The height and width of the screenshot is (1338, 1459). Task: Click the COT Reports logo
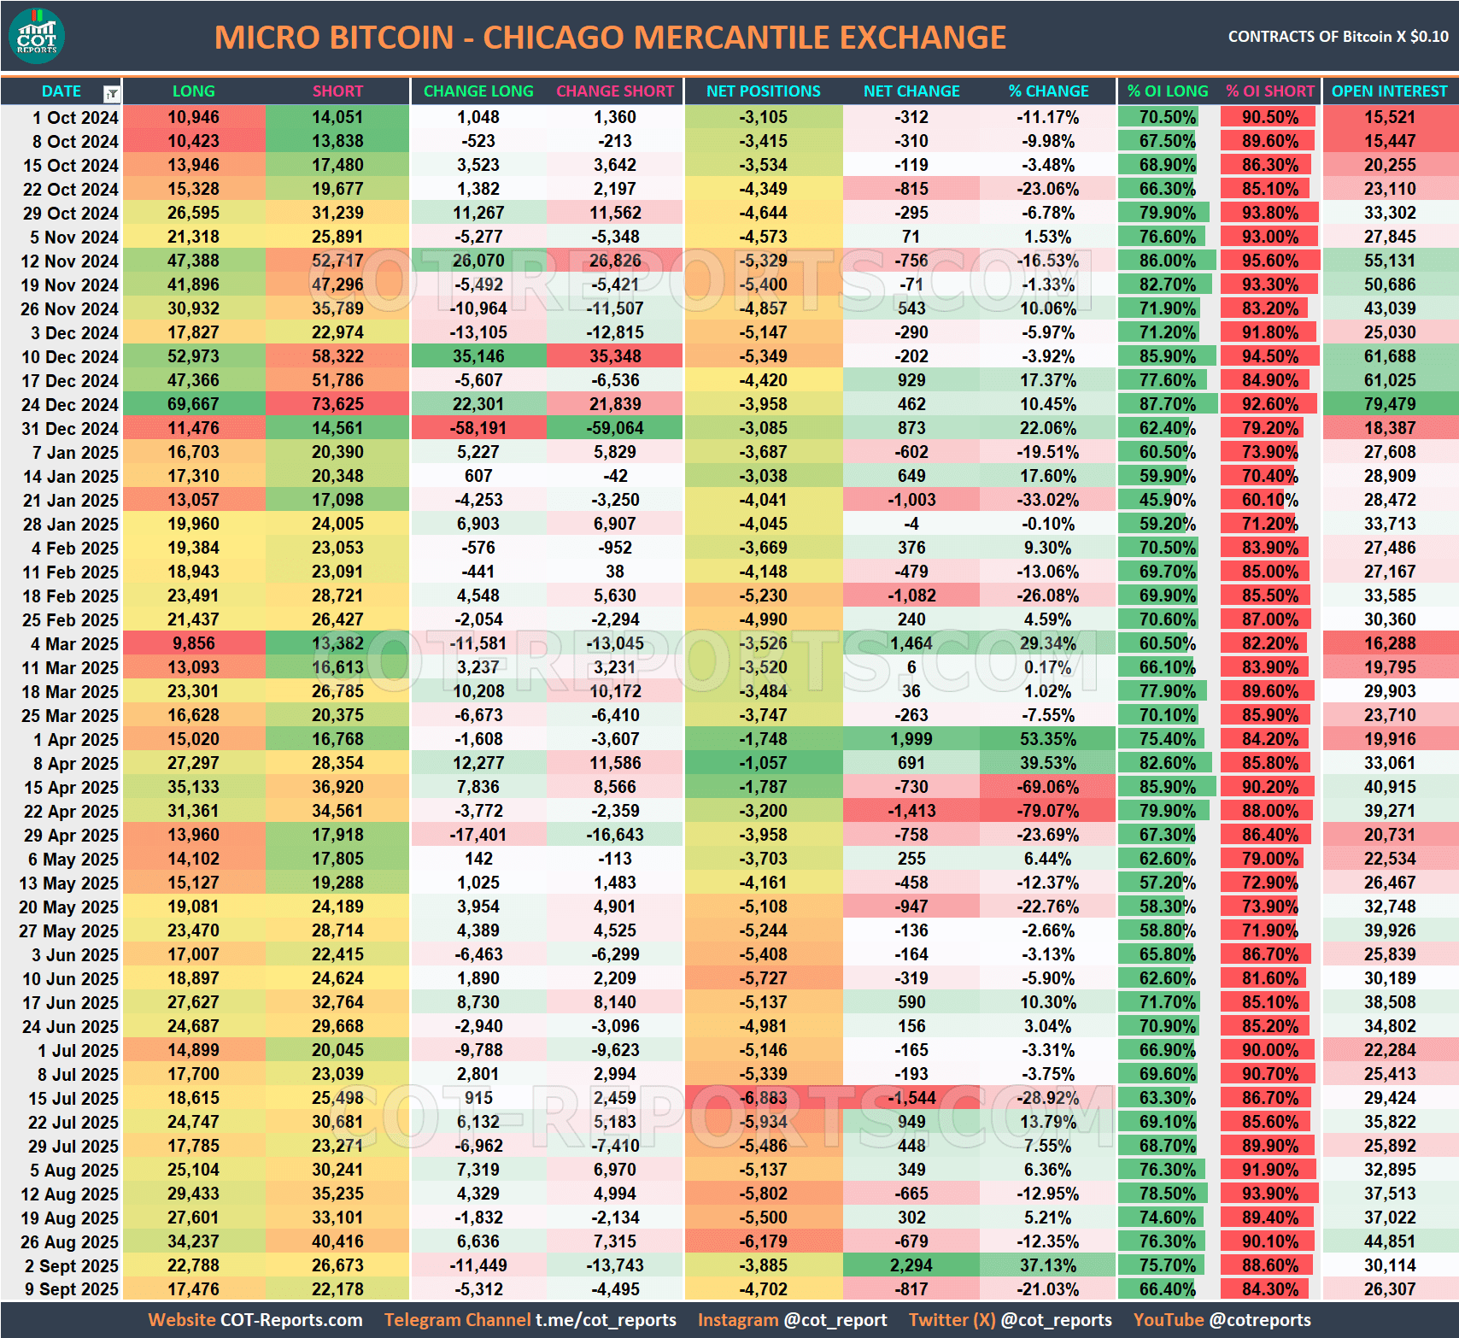pyautogui.click(x=37, y=37)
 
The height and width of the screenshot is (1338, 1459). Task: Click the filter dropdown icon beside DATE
pyautogui.click(x=111, y=93)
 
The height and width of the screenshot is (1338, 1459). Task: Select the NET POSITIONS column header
pyautogui.click(x=763, y=91)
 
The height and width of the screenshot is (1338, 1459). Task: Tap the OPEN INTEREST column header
pyautogui.click(x=1389, y=91)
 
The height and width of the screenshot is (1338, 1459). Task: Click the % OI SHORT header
pyautogui.click(x=1269, y=91)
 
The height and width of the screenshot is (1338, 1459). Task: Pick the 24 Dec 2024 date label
pyautogui.click(x=69, y=404)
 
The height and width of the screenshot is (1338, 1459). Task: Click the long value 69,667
pyautogui.click(x=193, y=404)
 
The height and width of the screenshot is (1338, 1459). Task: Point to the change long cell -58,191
pyautogui.click(x=478, y=428)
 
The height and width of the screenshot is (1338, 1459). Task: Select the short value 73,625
pyautogui.click(x=337, y=404)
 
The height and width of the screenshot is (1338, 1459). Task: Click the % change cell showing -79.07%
pyautogui.click(x=1047, y=811)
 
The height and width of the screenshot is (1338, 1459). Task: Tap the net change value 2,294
pyautogui.click(x=911, y=1265)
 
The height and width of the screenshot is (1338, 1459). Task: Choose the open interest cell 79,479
pyautogui.click(x=1389, y=404)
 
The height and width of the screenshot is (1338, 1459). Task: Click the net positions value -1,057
pyautogui.click(x=763, y=763)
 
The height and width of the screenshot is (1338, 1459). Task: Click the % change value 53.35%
pyautogui.click(x=1047, y=739)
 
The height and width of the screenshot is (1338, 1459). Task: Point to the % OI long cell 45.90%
pyautogui.click(x=1167, y=500)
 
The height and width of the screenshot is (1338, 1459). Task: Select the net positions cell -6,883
pyautogui.click(x=763, y=1098)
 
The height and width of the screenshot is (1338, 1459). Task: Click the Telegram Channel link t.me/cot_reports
pyautogui.click(x=605, y=1320)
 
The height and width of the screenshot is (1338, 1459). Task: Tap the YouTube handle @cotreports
pyautogui.click(x=1260, y=1320)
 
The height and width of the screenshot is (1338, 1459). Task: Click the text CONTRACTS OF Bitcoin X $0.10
pyautogui.click(x=1338, y=37)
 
